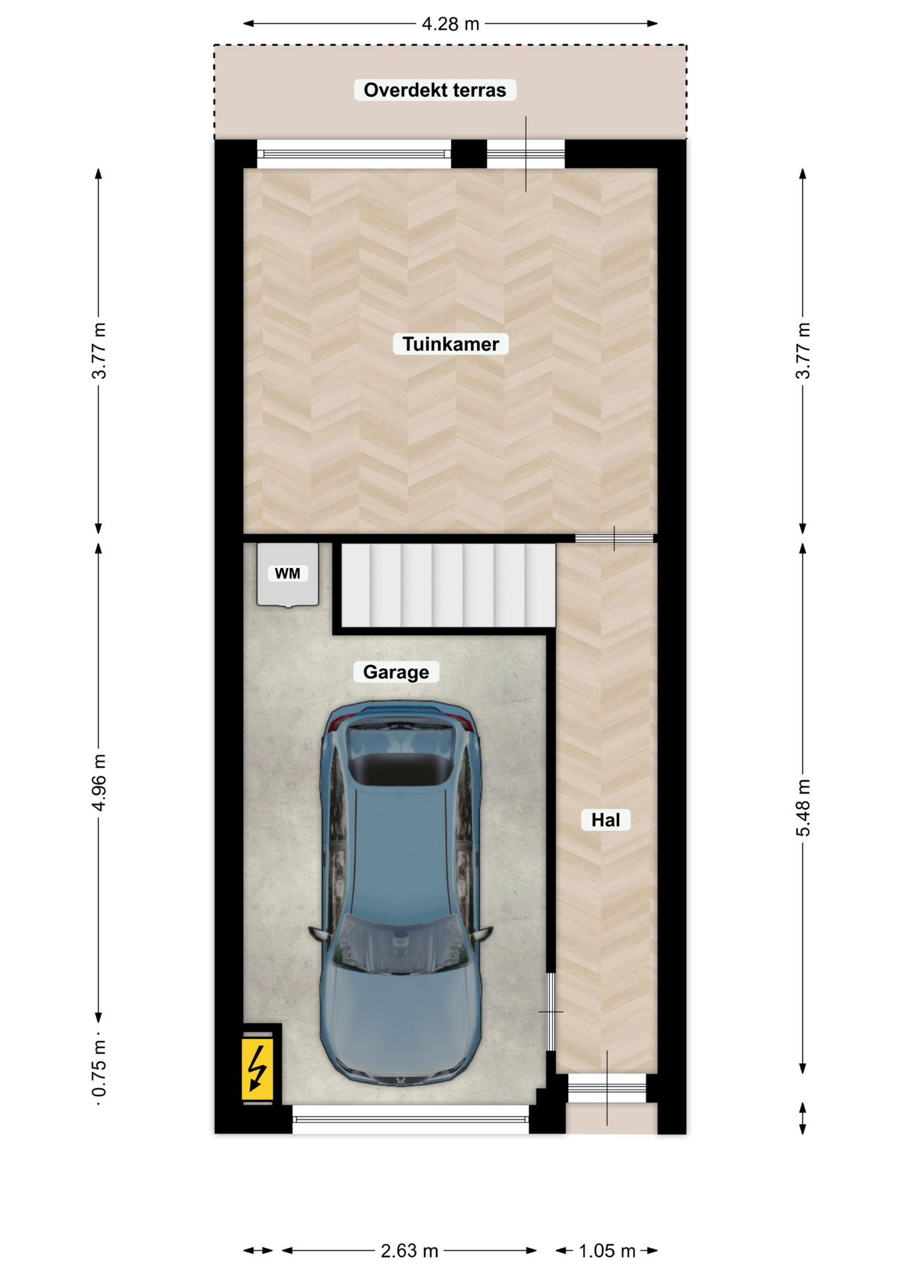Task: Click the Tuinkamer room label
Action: (x=450, y=344)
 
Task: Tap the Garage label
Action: (x=396, y=672)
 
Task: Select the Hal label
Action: (x=605, y=819)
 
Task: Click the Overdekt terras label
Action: (x=435, y=90)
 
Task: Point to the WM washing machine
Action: (x=288, y=574)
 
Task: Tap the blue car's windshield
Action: (x=399, y=946)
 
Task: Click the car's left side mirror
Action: (x=319, y=934)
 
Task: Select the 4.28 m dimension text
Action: (x=450, y=24)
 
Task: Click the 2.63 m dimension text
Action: (x=409, y=1251)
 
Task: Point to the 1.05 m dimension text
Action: (x=607, y=1251)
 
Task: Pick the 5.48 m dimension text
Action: (x=803, y=808)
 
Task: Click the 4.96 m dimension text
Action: (x=99, y=782)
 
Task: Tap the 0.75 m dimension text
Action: (x=99, y=1068)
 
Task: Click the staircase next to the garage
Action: (x=448, y=585)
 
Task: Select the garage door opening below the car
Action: (x=411, y=1119)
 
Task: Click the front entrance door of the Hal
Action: (x=607, y=1088)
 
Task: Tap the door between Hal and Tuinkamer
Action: (x=614, y=538)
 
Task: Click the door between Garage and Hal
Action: (x=551, y=1011)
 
